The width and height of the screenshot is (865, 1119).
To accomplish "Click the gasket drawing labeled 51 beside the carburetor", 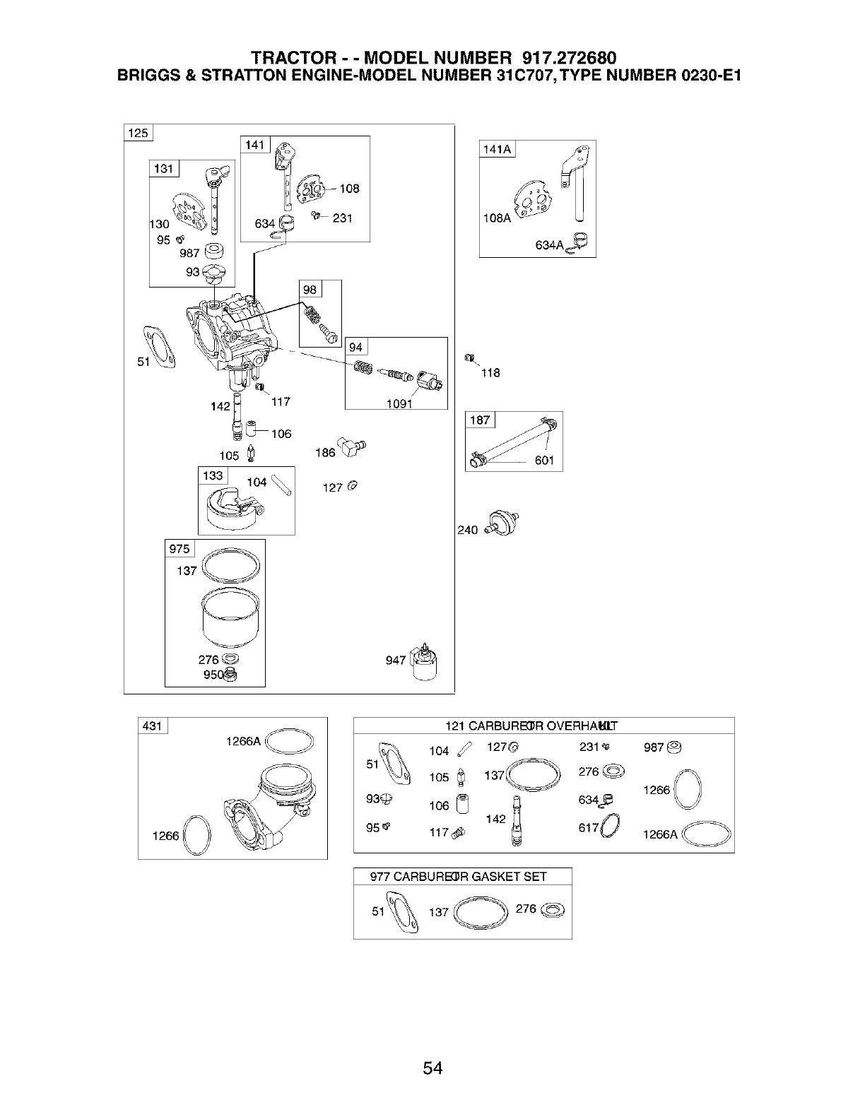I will coord(161,347).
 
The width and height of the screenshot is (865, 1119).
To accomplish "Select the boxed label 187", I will coord(480,420).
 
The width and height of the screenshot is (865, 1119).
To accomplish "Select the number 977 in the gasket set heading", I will coord(380,877).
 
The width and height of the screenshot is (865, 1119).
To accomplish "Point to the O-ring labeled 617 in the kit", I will coord(612,827).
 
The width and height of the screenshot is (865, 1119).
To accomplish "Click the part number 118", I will coord(490,372).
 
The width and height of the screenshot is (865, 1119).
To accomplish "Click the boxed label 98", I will coord(310,290).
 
